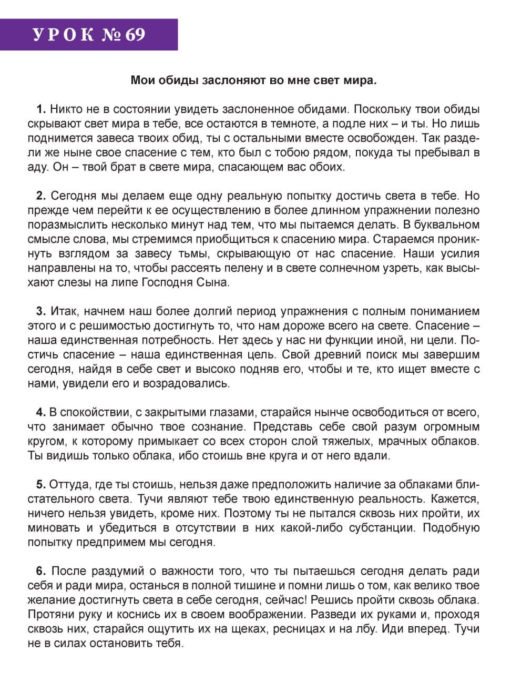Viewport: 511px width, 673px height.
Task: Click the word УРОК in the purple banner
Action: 64,35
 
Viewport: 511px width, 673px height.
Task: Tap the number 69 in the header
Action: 135,35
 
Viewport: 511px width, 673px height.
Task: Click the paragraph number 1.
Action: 41,110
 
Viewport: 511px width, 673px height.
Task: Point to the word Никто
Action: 67,110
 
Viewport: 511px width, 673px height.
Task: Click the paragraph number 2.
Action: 41,196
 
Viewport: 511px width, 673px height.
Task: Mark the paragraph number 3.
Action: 41,311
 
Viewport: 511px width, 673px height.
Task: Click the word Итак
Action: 65,311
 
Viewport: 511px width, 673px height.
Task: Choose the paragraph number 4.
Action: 41,412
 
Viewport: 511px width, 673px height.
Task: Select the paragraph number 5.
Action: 41,484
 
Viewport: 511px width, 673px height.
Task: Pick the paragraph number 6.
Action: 41,571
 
